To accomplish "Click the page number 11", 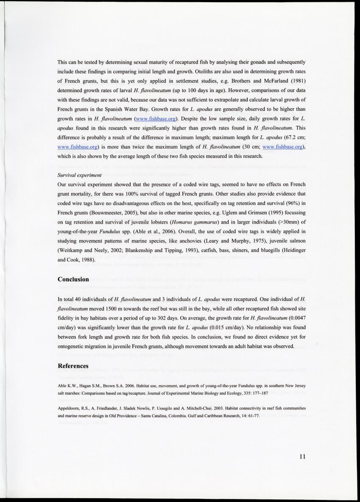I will pos(301,457).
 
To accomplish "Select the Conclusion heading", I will pos(73,279).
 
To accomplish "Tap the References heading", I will pos(73,366).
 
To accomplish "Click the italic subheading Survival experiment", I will pos(79,174).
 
